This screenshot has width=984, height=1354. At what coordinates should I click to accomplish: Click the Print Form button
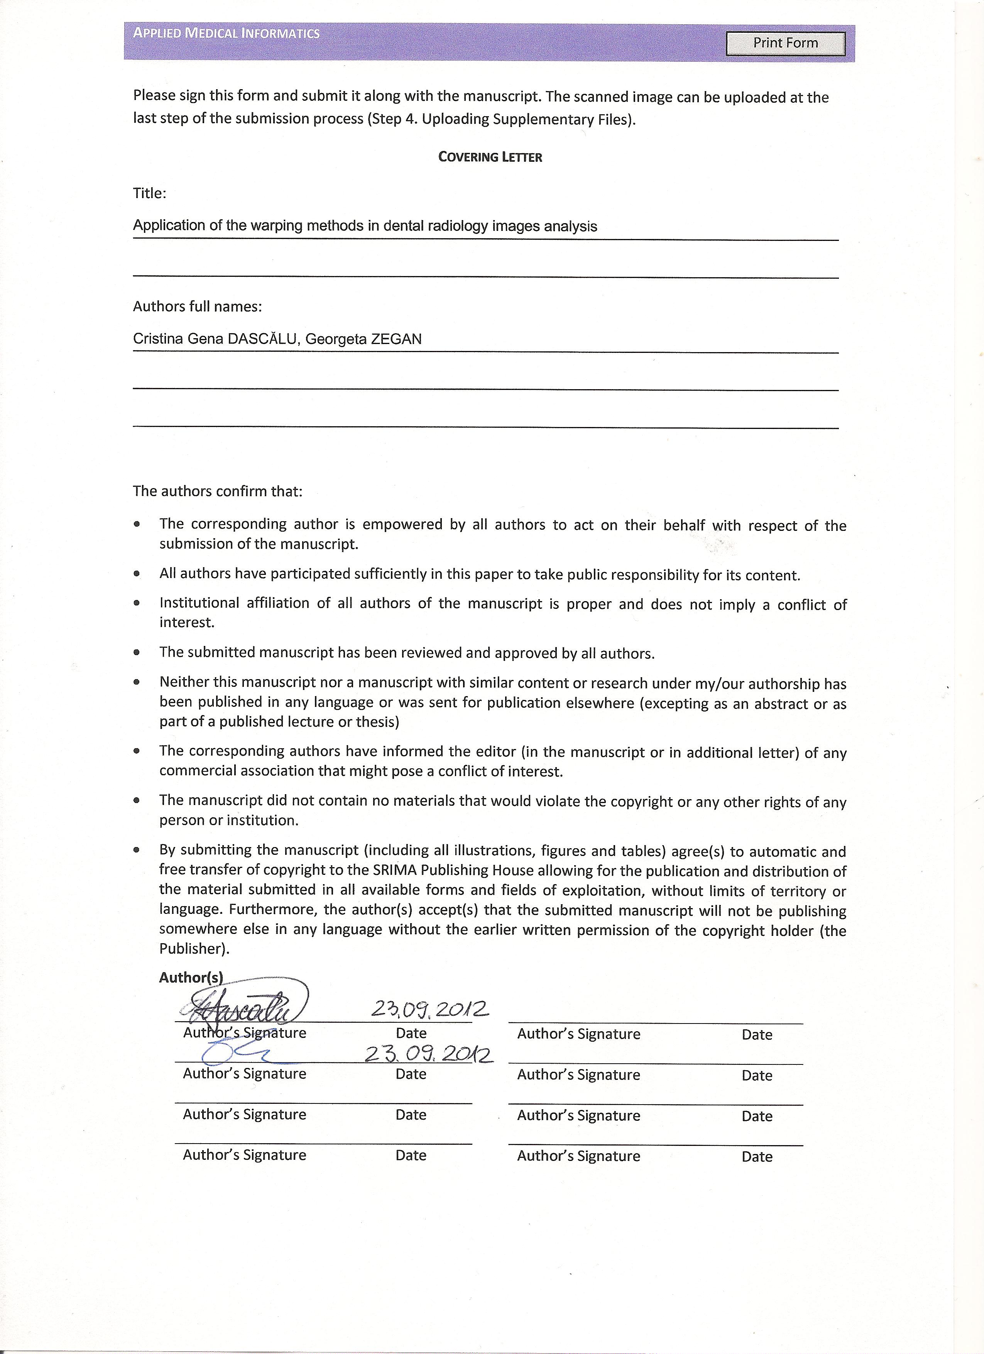(785, 43)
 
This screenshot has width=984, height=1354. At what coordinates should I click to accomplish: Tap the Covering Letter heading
(490, 157)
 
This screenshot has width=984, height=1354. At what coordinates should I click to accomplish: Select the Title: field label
(150, 193)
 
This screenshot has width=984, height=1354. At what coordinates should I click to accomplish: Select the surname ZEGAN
(396, 339)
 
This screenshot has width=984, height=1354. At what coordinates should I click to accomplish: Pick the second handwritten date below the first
(428, 1054)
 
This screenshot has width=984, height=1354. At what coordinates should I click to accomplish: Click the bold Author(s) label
(191, 977)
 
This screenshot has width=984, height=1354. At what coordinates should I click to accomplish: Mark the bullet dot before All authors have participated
(137, 574)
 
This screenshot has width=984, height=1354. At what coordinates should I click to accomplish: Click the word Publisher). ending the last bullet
(194, 949)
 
